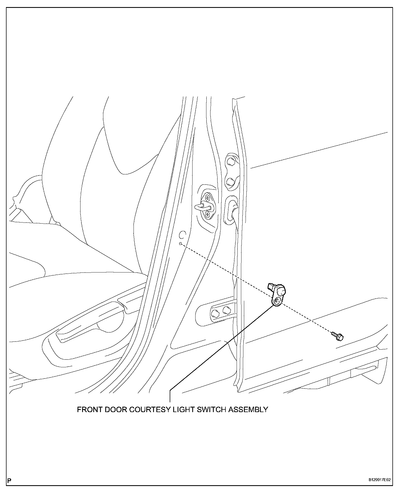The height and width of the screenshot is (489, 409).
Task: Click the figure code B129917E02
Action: click(379, 480)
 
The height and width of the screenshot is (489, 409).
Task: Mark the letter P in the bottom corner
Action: click(10, 480)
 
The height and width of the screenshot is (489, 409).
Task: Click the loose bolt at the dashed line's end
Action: click(338, 336)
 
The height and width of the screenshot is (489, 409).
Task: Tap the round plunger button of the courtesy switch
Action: click(282, 291)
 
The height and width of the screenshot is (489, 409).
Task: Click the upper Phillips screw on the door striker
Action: click(207, 198)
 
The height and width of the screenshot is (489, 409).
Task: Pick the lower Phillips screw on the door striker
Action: click(207, 215)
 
